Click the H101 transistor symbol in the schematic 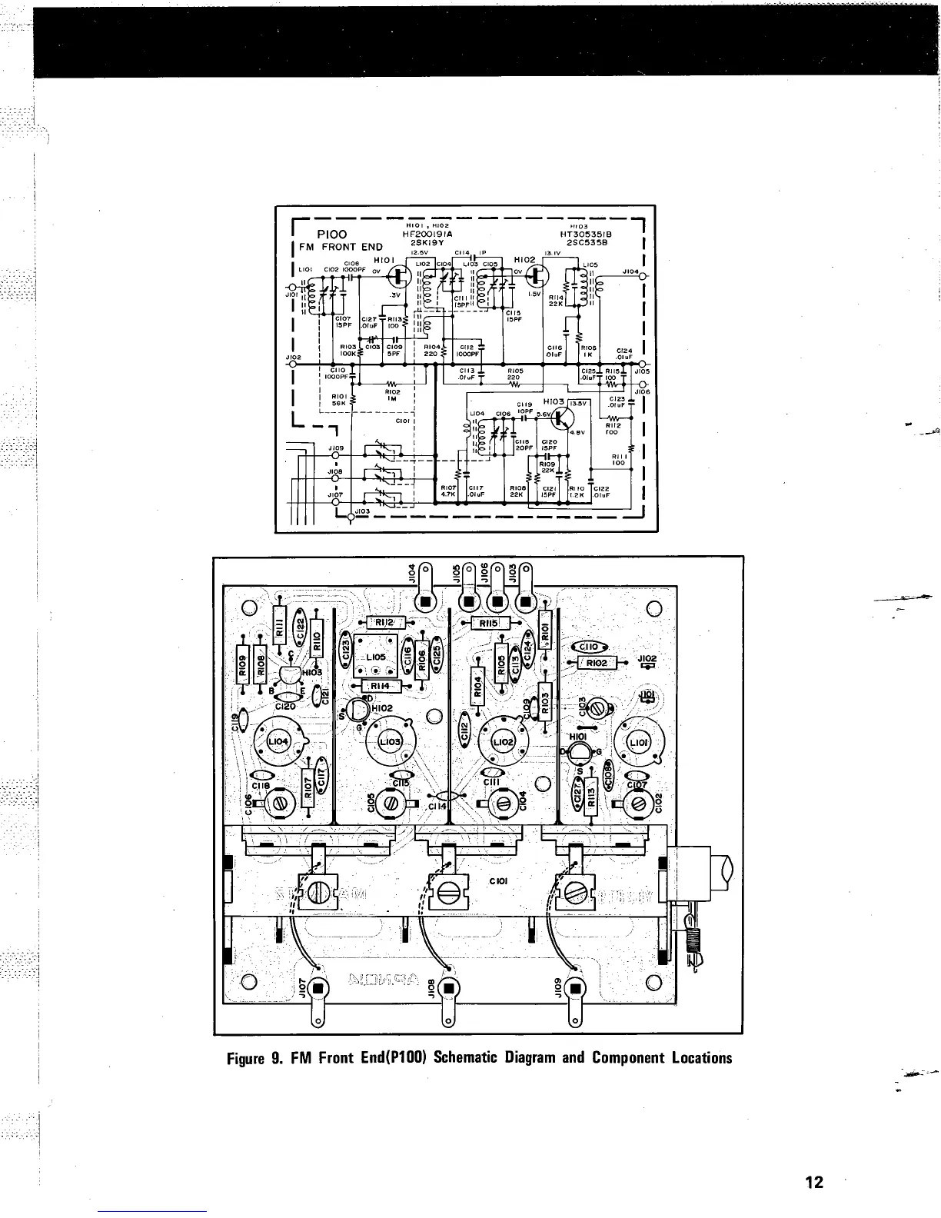point(400,275)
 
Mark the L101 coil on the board point(638,744)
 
